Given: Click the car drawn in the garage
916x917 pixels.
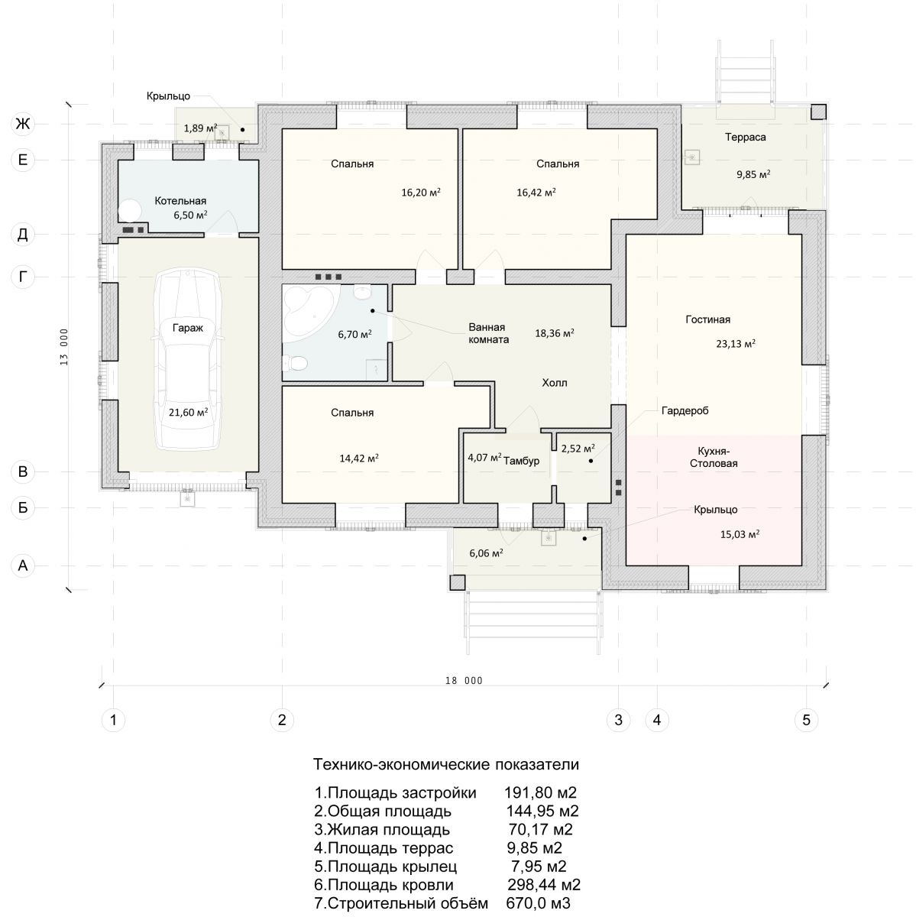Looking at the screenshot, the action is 187,358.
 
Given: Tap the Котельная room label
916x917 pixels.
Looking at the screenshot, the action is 180,201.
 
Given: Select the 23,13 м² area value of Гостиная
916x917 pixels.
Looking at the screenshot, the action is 735,343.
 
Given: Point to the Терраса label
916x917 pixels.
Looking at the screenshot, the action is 745,137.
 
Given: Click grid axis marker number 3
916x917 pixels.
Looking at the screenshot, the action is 617,720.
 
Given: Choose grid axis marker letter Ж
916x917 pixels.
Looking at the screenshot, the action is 22,124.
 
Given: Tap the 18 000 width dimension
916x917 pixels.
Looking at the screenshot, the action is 464,681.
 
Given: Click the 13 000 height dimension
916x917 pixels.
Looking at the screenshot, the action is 64,347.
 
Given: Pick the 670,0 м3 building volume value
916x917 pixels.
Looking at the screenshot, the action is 538,903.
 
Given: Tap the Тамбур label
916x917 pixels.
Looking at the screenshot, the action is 521,461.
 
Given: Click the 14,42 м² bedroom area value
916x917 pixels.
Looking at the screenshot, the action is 359,458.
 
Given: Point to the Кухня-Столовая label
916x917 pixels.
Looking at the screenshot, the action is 714,457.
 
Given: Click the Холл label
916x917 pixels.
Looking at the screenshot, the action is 555,383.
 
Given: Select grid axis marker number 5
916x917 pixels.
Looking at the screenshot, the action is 805,720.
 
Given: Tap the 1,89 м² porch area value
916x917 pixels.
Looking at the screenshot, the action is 200,128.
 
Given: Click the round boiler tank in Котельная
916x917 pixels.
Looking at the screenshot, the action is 129,210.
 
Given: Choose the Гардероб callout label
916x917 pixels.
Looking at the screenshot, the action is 685,410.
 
